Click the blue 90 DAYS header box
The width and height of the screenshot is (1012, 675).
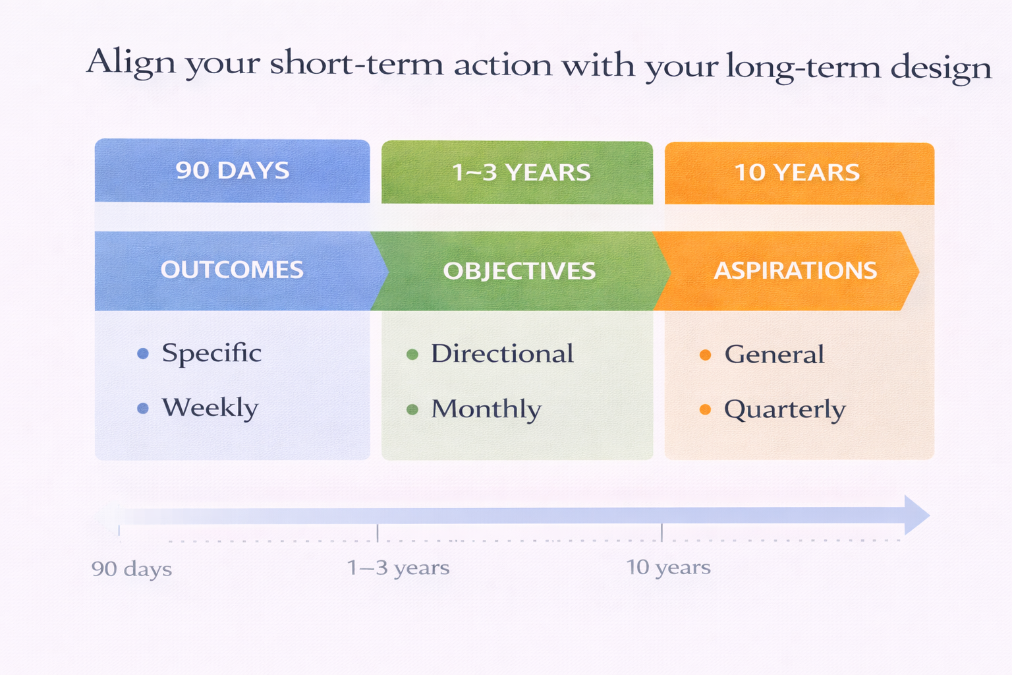coord(232,171)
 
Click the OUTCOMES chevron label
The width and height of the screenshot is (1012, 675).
coord(232,270)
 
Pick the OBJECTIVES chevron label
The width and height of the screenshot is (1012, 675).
coord(519,271)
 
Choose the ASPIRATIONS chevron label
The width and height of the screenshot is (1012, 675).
coord(795,271)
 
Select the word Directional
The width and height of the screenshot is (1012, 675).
coord(502,355)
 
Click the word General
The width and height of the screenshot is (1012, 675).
coord(774,355)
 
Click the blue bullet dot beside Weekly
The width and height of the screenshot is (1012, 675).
coord(143,409)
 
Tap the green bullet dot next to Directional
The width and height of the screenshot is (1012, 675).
coord(412,355)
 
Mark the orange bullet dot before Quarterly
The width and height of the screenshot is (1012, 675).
coord(705,410)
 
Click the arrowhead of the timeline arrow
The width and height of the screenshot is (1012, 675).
coord(916,515)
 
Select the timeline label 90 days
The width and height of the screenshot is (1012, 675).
coord(132,570)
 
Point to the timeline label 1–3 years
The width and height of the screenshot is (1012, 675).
coord(398,568)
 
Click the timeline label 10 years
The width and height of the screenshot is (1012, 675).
coord(668,568)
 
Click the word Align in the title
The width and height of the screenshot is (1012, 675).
coord(131,63)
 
